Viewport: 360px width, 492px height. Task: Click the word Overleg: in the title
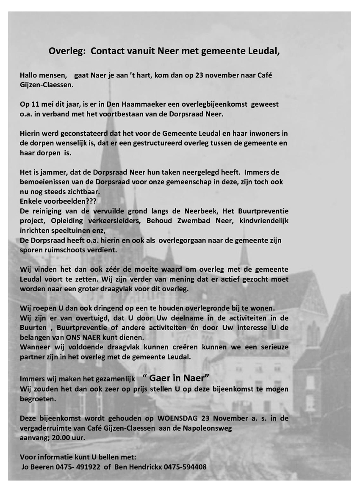click(x=67, y=52)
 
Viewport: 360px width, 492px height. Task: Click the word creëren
click(x=174, y=347)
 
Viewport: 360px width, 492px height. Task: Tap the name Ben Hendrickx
click(x=138, y=467)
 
